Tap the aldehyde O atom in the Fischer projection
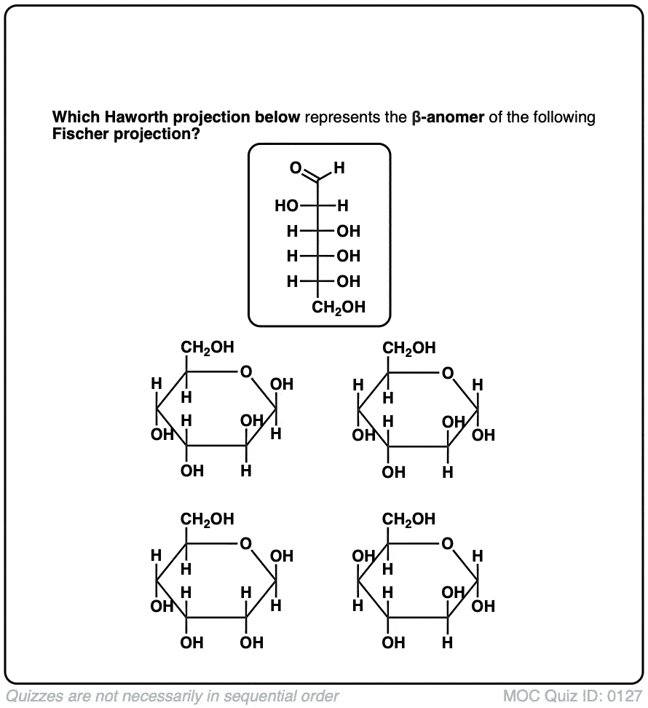[x=295, y=168]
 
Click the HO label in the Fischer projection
[x=286, y=206]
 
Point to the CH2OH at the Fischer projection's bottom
[x=339, y=307]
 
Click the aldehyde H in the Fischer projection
[x=339, y=169]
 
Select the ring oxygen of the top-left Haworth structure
[x=246, y=374]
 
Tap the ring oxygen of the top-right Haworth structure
[x=447, y=374]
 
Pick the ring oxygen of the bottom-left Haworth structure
[x=246, y=545]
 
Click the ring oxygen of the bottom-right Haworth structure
[x=447, y=545]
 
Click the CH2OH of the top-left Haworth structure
[x=208, y=348]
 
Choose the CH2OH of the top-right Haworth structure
[x=408, y=348]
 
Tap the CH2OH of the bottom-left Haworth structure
[x=208, y=519]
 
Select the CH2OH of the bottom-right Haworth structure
[x=408, y=519]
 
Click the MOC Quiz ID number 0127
[x=628, y=695]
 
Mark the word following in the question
[x=568, y=117]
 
